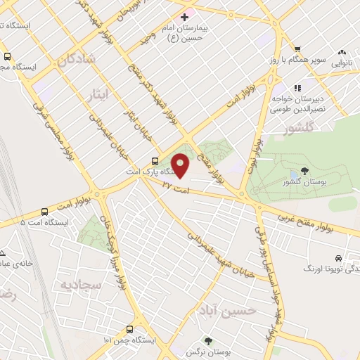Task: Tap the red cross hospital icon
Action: pos(184,16)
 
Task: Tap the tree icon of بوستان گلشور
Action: pos(304,171)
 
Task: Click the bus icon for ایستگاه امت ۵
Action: pos(45,211)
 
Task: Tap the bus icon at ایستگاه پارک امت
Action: pos(155,160)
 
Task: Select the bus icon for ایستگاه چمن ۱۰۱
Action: pos(130,329)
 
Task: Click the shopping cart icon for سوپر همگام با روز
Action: pos(297,49)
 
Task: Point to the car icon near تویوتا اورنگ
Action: pos(340,258)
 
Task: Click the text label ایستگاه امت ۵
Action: pos(46,222)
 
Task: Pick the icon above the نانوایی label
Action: pos(342,51)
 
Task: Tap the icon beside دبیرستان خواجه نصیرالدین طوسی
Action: pos(297,88)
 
